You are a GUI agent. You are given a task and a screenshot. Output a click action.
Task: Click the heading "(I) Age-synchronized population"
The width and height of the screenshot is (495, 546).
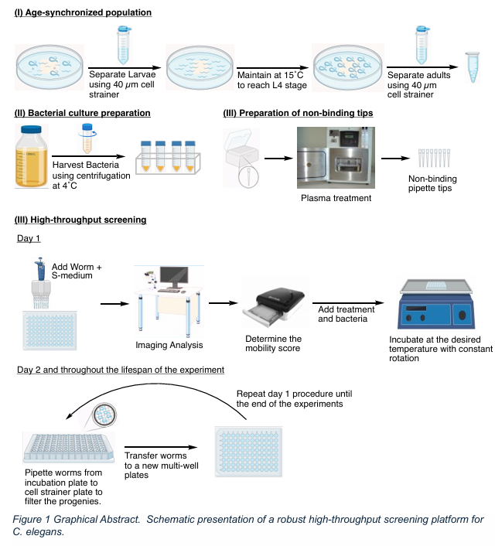(x=84, y=13)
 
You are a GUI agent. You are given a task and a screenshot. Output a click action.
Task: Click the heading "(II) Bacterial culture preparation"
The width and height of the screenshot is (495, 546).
(x=83, y=114)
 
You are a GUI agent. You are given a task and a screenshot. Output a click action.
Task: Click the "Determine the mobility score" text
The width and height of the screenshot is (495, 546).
(x=273, y=344)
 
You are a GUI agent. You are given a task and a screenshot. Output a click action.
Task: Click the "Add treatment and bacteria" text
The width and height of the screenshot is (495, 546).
(x=346, y=314)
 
